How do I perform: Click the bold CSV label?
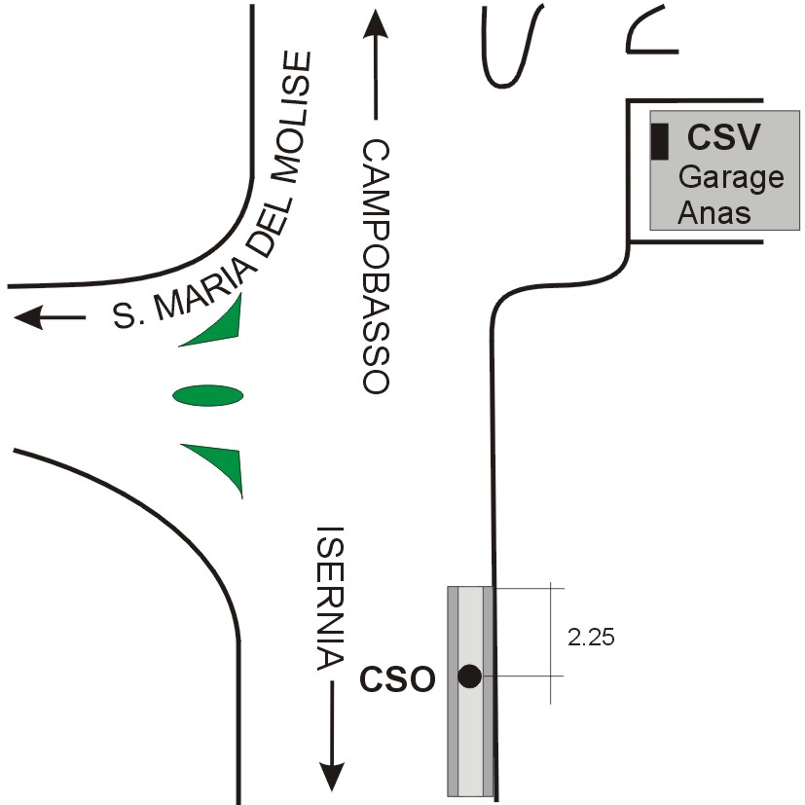point(723,136)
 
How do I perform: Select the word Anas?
point(714,211)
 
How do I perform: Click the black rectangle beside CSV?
point(660,141)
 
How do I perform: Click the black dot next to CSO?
point(470,676)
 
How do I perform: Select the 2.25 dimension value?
point(591,638)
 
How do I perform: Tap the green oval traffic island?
point(208,395)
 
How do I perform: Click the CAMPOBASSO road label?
point(377,266)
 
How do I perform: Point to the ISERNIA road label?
point(330,598)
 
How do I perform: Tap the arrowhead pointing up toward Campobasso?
point(376,24)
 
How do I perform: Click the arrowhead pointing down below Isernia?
point(332,776)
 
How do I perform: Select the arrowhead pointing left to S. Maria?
point(28,317)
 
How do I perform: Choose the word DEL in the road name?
point(270,229)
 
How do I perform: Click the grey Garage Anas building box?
point(724,170)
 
